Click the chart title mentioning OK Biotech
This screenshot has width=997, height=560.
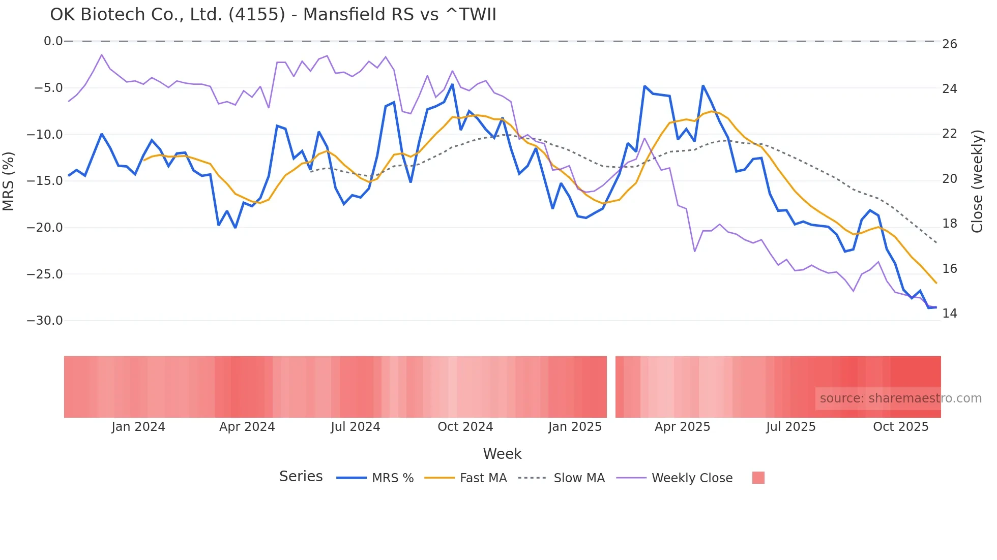(x=273, y=15)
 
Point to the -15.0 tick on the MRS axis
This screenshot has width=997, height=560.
(x=45, y=181)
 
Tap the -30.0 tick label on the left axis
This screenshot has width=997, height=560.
(x=45, y=321)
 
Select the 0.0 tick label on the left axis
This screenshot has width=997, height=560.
(x=53, y=41)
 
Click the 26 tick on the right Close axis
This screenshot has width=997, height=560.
(x=949, y=44)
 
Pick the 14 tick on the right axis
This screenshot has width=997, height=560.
(x=949, y=314)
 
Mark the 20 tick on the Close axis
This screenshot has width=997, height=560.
(x=949, y=179)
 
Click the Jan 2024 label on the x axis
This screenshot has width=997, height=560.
(x=138, y=427)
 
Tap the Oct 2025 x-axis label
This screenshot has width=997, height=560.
(x=900, y=427)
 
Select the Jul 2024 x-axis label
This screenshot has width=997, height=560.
(x=355, y=427)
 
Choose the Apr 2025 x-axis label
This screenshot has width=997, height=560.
(x=682, y=427)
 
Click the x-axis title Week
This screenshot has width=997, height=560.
(x=502, y=454)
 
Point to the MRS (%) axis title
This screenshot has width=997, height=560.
(x=9, y=181)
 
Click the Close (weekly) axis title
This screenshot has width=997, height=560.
(x=977, y=181)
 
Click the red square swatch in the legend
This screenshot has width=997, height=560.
(x=758, y=478)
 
